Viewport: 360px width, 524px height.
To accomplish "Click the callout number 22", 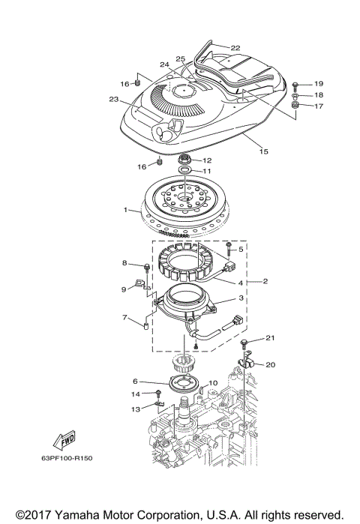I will [235, 48].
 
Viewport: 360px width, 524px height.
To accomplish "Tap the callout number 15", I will [262, 152].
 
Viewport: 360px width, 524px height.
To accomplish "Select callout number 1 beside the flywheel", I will [127, 210].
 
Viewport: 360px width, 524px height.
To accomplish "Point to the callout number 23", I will [114, 99].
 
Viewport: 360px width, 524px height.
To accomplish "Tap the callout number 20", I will [271, 364].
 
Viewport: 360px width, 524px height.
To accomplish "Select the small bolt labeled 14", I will [159, 394].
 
